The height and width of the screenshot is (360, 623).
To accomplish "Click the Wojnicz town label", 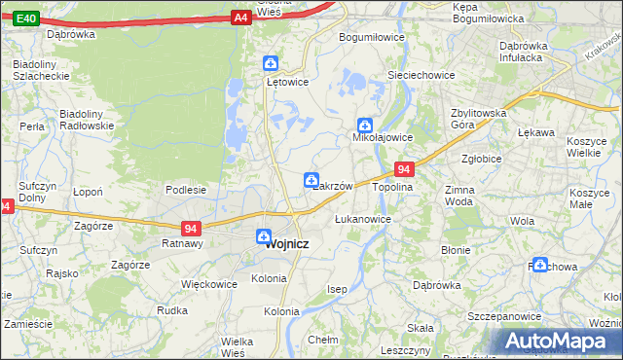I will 287,244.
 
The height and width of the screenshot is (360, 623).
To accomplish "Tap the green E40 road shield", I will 26,18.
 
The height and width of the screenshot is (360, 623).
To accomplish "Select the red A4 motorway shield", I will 241,17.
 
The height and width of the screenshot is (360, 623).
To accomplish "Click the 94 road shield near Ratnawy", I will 191,229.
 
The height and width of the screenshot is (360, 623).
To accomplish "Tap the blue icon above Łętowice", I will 271,64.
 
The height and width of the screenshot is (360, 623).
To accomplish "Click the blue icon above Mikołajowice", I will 364,125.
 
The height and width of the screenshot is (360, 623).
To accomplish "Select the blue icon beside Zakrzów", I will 311,179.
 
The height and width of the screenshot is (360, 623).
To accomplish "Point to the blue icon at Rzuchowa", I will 539,263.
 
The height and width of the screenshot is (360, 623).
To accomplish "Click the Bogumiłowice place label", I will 371,37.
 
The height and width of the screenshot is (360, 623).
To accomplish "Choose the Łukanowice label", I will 362,219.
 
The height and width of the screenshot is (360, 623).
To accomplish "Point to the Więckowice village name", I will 209,285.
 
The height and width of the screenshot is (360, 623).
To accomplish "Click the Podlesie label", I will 185,190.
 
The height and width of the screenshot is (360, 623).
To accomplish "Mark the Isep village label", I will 337,289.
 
